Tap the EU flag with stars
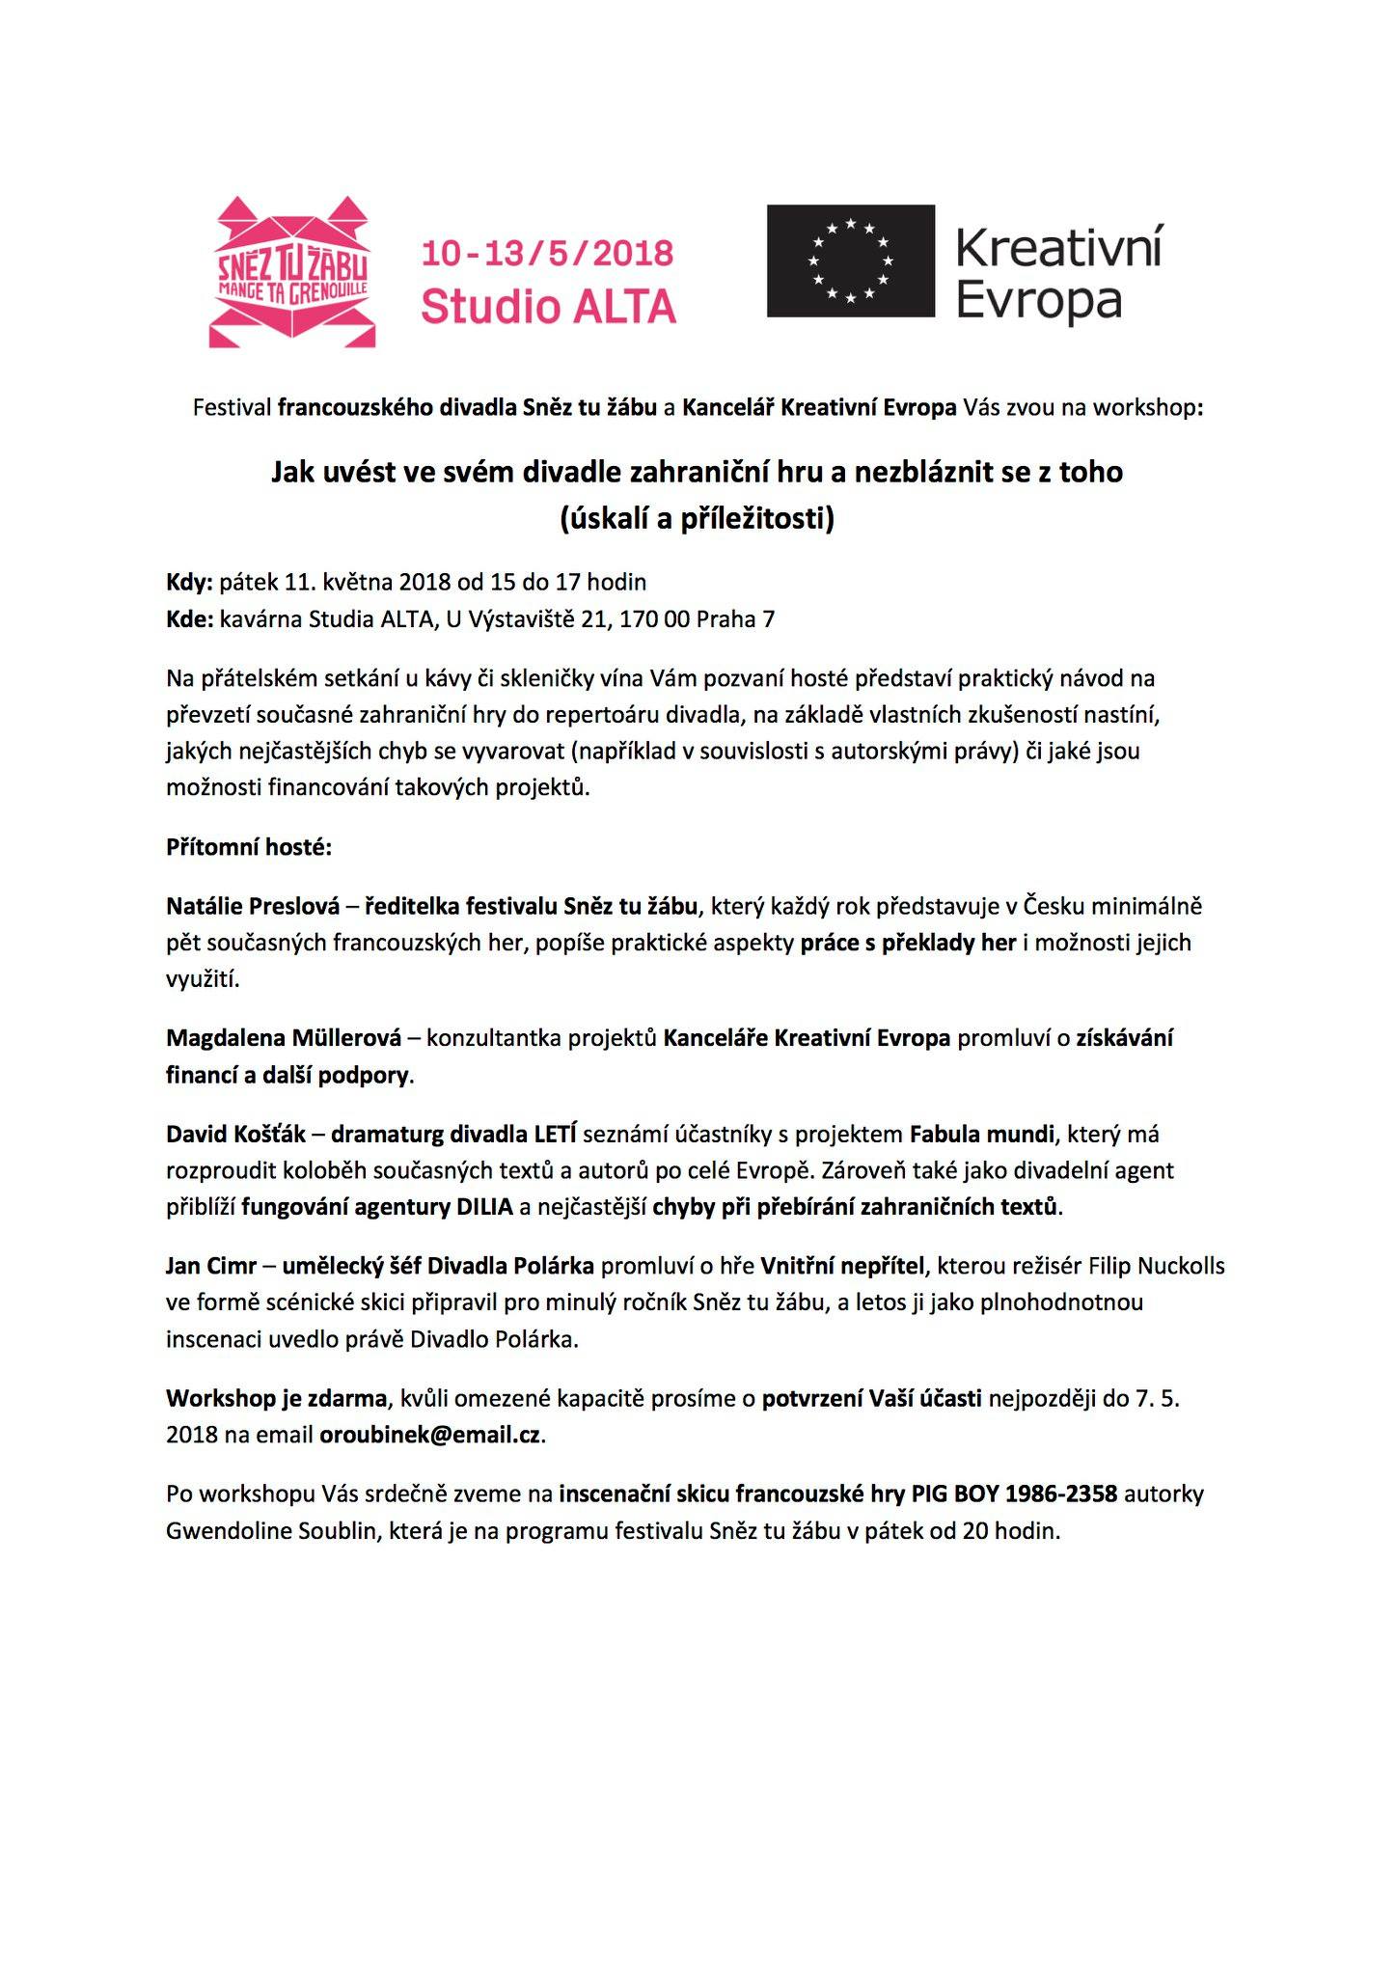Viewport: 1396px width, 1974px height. click(850, 260)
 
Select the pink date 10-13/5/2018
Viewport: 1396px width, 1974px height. click(548, 254)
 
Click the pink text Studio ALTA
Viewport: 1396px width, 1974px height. click(549, 308)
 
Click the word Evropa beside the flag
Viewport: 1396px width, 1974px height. click(1039, 301)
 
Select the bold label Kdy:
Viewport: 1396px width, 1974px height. click(189, 582)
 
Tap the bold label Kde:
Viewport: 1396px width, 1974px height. click(189, 618)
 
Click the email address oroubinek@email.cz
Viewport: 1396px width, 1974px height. click(431, 1435)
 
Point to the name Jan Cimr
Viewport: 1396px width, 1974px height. click(210, 1265)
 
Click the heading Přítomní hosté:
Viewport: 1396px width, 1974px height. click(249, 848)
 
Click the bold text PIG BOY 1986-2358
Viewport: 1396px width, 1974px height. click(1014, 1494)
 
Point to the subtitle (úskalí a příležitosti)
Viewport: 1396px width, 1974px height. click(697, 519)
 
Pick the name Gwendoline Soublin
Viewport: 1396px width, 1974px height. click(270, 1530)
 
